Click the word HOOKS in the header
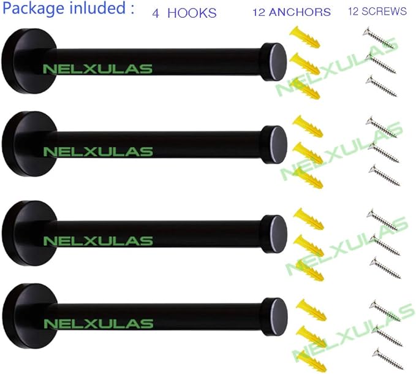192,13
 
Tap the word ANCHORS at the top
300,12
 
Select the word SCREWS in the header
384,11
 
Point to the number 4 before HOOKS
156,13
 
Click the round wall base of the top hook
29,61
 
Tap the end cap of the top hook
274,62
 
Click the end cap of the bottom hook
275,317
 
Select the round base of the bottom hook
30,316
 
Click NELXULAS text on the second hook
98,151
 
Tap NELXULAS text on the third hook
98,241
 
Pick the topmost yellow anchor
304,37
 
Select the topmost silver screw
379,37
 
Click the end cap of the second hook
274,145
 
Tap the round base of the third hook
29,233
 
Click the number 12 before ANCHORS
259,12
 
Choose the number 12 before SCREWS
354,11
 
